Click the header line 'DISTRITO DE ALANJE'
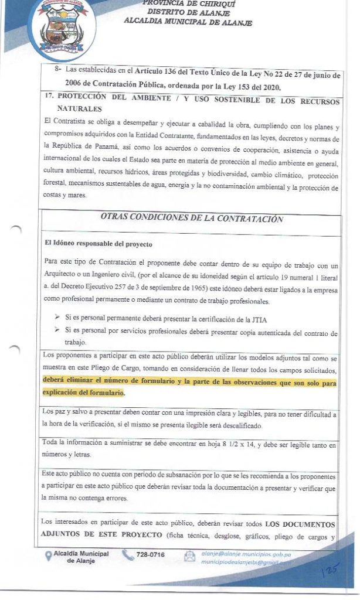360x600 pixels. [x=188, y=12]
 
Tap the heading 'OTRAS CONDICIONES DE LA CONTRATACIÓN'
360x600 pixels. [x=192, y=219]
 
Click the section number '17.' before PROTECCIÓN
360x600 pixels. [x=49, y=98]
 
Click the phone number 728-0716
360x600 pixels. [x=151, y=554]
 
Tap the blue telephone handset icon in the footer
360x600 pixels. [x=128, y=555]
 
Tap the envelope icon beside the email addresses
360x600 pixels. [x=189, y=557]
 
